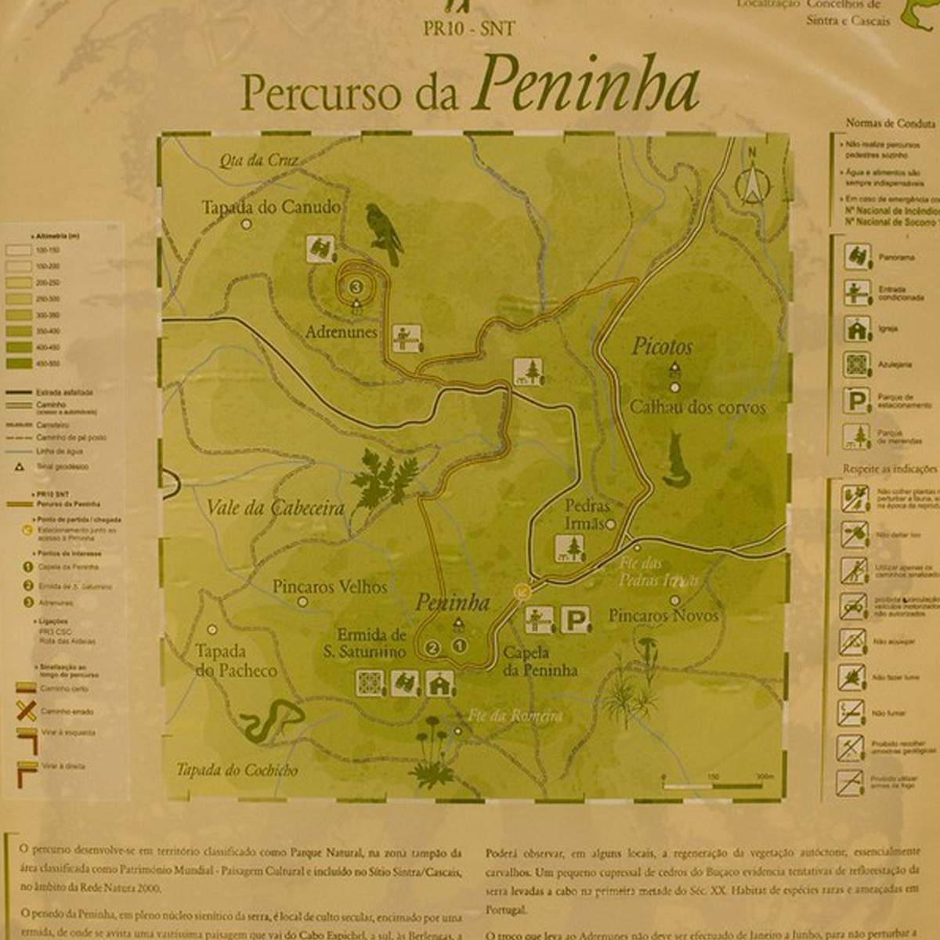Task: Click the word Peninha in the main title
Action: coord(586,85)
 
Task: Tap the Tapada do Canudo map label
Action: coord(271,208)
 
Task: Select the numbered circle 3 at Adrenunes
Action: coord(356,286)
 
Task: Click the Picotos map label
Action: coord(662,346)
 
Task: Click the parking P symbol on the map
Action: coord(576,621)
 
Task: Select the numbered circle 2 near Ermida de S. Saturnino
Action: coord(432,648)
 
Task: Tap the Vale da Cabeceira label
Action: coord(275,508)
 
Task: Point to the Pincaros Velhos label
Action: coord(329,587)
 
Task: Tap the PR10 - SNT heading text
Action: coord(468,29)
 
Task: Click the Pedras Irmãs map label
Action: coord(587,515)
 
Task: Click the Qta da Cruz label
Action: coord(258,161)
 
